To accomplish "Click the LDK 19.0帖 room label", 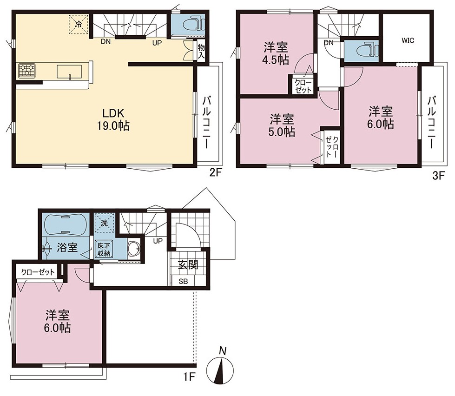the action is [113, 119].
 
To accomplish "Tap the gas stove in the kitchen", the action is [27, 71].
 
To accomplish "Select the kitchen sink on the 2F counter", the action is [69, 72].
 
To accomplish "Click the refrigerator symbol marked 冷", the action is [79, 24].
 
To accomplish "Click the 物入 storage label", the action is [201, 51].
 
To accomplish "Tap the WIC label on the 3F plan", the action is [408, 40].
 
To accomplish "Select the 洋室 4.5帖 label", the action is [276, 53].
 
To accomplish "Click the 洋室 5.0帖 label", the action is [282, 125].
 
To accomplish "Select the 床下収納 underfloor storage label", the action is [104, 250].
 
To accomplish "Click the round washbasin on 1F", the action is [134, 249].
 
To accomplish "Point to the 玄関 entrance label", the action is [188, 264].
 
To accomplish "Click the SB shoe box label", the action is [183, 281].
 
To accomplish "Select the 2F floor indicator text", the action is [216, 173].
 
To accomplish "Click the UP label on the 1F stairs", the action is [158, 241].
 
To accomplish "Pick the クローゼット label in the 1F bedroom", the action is [38, 272].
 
